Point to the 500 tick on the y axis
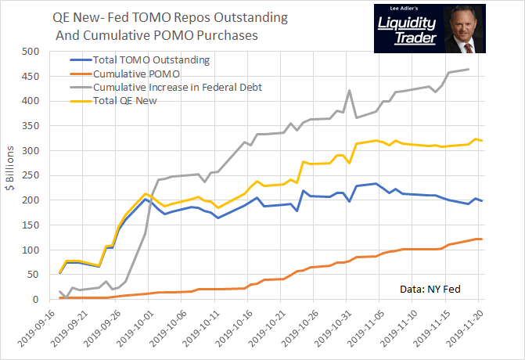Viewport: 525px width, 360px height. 30,52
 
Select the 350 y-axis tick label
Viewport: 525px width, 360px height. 30,126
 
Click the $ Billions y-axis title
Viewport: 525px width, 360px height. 10,175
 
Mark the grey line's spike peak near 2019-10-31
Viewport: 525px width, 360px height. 349,91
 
